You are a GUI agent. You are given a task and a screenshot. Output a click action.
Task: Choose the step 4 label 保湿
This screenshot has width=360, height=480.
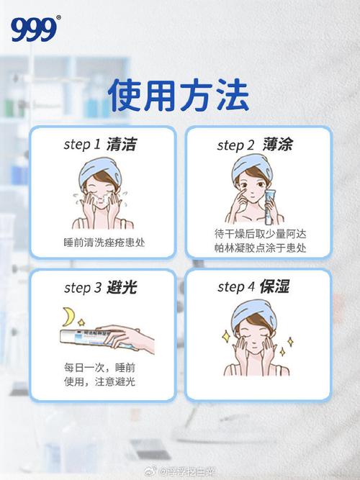coord(273,286)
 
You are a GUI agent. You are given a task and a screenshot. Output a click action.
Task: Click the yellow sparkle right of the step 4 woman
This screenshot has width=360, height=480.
coord(290,342)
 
